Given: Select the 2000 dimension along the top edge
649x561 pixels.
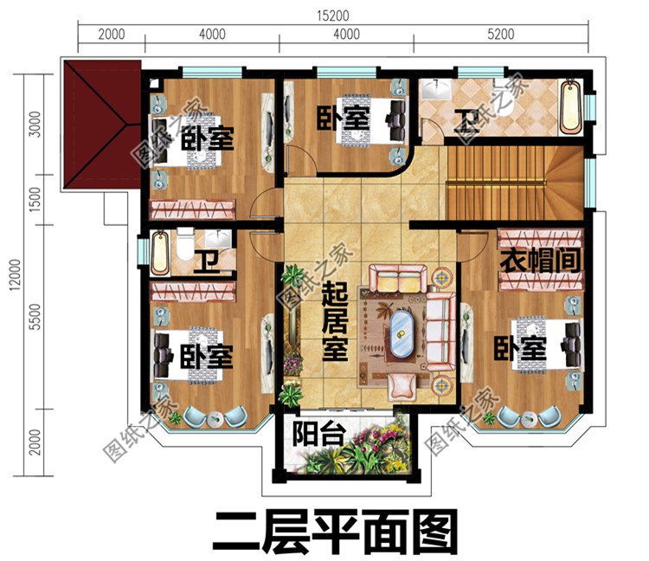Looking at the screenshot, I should (x=111, y=35).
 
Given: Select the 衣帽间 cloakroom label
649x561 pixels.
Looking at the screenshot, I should (x=537, y=259).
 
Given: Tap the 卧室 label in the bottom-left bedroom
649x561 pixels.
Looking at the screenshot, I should (x=207, y=356).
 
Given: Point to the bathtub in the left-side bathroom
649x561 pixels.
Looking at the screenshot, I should (x=160, y=252).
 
